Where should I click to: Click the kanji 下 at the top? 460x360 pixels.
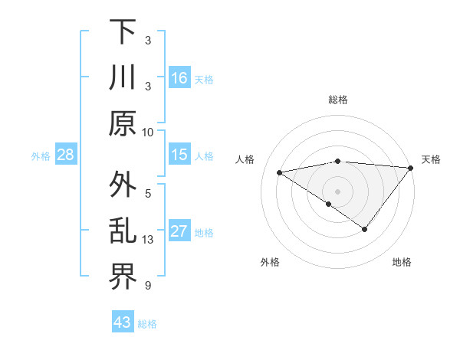coord(123,32)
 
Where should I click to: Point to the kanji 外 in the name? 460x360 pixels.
coord(123,185)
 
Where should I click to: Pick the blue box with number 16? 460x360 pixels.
coord(179,78)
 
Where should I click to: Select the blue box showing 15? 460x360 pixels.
coord(179,155)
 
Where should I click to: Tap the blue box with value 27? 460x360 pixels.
coord(179,232)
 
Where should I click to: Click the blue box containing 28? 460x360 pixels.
coord(66,155)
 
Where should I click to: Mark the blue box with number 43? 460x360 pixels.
coord(122,322)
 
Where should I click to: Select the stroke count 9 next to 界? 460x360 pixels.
coord(147,286)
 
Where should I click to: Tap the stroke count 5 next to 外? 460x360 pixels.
coord(147,193)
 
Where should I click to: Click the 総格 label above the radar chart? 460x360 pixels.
coord(337,100)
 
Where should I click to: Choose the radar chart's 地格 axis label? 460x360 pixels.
coord(402,263)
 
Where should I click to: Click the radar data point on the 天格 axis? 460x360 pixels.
coord(410,168)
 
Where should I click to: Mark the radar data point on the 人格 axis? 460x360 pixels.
coord(280,172)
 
